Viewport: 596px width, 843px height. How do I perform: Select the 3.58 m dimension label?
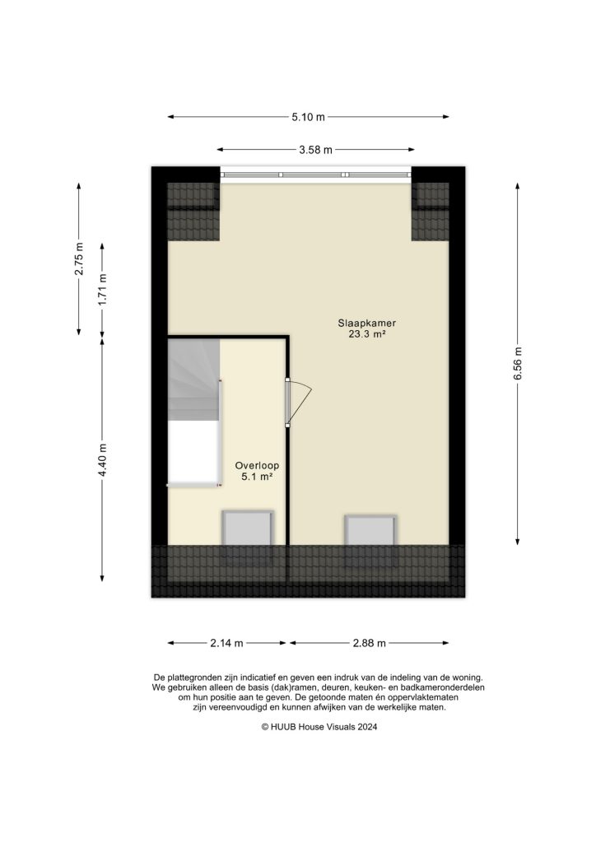tap(315, 150)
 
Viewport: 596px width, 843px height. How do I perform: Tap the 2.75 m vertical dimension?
tap(79, 259)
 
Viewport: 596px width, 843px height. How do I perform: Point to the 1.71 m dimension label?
tap(102, 290)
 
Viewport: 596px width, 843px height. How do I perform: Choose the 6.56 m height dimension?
tap(518, 364)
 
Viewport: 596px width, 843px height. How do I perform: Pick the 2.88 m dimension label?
tap(370, 643)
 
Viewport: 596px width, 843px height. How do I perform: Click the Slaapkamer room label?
tap(361, 323)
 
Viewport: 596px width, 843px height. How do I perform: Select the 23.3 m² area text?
tap(361, 334)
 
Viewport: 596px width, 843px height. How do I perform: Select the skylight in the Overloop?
tap(247, 528)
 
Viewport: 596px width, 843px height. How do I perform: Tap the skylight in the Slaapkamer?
tap(370, 530)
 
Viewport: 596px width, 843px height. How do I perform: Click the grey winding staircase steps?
tap(194, 379)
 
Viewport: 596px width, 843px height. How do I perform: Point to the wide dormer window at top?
tap(315, 175)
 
